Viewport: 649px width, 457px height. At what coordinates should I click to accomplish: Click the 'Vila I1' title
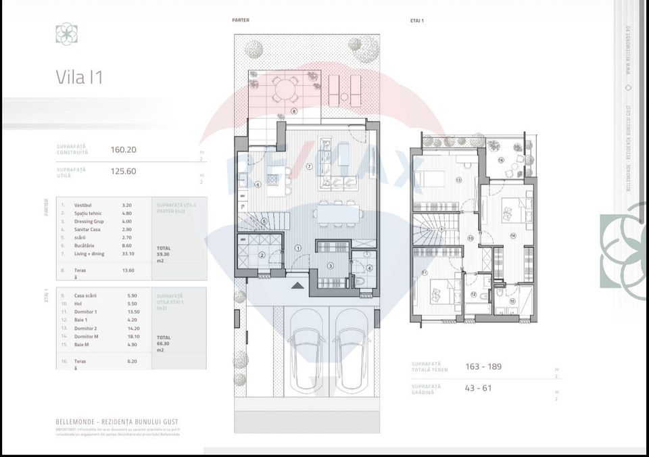(78, 78)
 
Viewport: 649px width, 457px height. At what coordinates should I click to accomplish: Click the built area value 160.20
(123, 150)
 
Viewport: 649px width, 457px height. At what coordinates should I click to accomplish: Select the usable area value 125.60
(123, 172)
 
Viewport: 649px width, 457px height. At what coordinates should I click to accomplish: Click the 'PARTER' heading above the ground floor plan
(241, 20)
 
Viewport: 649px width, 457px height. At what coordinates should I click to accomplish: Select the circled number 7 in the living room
(309, 166)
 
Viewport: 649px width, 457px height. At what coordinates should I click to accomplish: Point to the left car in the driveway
(304, 357)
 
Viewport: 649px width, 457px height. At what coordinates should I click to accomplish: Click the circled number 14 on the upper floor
(513, 235)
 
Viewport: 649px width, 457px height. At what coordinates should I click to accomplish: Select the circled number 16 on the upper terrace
(501, 160)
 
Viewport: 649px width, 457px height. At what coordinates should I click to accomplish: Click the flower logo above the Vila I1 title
(66, 34)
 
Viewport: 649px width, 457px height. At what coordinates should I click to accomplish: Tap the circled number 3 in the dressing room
(331, 266)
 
